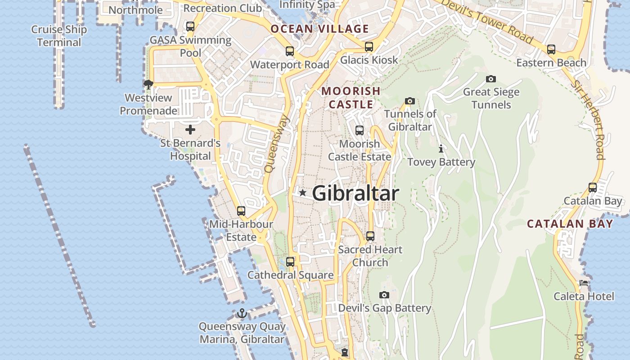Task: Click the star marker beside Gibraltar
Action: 303,193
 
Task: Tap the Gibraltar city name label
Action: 355,193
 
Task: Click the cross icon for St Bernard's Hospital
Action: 190,130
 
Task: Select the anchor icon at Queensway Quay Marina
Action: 242,313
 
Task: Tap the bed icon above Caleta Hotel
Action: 584,283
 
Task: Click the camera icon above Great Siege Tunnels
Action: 491,79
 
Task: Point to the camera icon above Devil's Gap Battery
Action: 384,295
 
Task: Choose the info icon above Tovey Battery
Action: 441,148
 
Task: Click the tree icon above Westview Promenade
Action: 148,84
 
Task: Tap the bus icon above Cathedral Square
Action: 290,261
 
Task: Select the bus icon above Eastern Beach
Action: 551,49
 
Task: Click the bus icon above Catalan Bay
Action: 593,188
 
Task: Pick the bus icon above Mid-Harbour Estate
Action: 241,211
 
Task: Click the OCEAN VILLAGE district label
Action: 319,29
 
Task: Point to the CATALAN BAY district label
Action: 570,224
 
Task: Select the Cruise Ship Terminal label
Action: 59,36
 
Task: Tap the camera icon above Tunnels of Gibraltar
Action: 409,101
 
